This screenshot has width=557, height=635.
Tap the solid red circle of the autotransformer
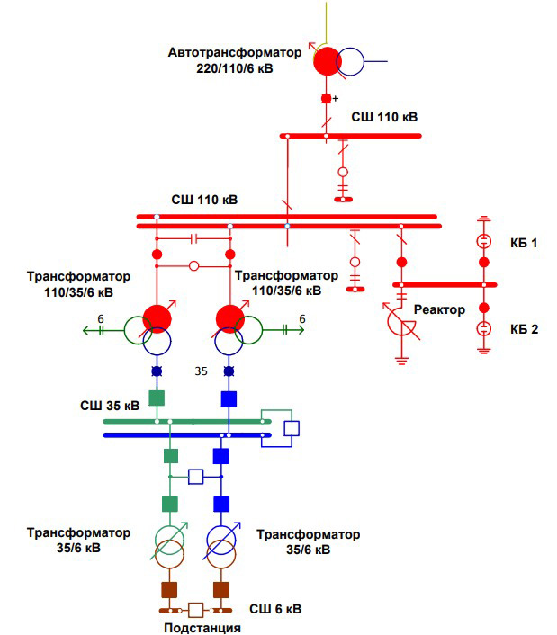coord(328,61)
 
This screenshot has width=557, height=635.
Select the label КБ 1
coord(524,243)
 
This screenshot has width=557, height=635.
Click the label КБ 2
coord(524,329)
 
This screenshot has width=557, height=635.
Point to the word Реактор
coord(439,310)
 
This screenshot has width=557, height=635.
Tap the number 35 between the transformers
coord(202,371)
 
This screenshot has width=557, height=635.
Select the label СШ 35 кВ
coord(109,406)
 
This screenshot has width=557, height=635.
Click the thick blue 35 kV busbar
coord(180,435)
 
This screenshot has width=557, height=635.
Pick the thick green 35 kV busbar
coord(180,421)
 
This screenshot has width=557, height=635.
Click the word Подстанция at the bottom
coord(202,628)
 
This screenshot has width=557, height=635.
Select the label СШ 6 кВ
coord(275,609)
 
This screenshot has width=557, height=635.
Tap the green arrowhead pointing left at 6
coord(87,330)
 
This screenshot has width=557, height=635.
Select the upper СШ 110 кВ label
coord(384,117)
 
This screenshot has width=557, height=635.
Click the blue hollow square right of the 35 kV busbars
coord(292,428)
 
